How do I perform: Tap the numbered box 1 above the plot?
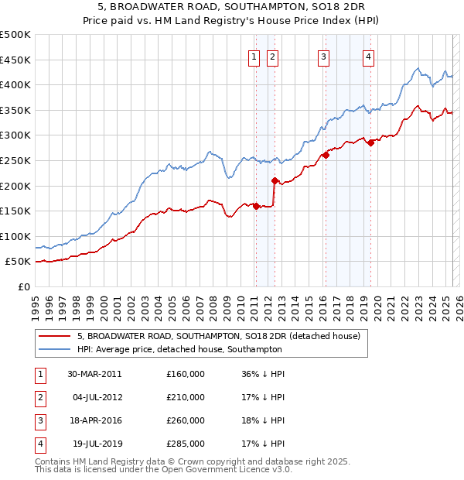254,55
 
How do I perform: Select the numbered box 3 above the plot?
322,55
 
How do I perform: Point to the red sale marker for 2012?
275,180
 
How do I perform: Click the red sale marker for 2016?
326,155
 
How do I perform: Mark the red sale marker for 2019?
370,142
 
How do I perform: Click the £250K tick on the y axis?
17,160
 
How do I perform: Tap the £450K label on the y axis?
17,60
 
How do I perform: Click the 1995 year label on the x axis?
36,305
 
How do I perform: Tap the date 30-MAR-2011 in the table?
94,374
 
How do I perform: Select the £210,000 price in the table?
186,397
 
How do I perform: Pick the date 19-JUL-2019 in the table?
94,444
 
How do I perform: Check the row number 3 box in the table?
39,420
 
